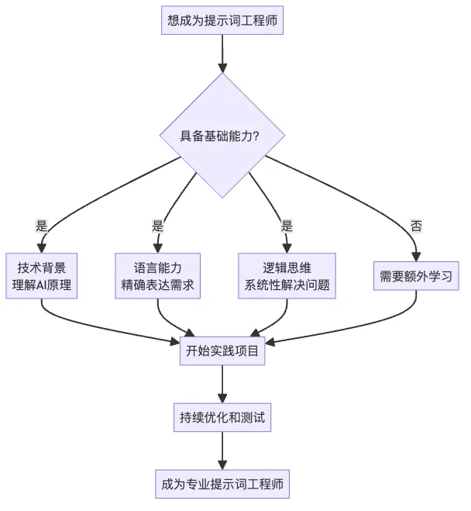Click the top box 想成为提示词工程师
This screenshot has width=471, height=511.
(x=222, y=20)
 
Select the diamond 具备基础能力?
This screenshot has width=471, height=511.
(x=222, y=136)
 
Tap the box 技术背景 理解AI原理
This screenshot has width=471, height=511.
(x=41, y=276)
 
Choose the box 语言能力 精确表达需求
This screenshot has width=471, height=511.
(x=157, y=276)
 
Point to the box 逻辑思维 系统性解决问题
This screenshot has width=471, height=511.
(x=287, y=276)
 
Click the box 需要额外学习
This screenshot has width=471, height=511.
(x=416, y=276)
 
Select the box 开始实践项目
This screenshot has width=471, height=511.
(x=222, y=350)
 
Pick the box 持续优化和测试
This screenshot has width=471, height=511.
(x=222, y=417)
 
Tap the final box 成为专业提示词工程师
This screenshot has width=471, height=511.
(x=222, y=484)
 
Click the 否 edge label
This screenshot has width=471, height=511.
(x=416, y=226)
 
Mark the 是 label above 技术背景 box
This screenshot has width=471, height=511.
(x=41, y=226)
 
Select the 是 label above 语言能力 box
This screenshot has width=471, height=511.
(x=157, y=226)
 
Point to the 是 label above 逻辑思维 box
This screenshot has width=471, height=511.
(x=287, y=226)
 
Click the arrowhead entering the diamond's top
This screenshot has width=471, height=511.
(x=222, y=68)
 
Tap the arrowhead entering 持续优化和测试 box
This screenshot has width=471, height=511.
(x=222, y=399)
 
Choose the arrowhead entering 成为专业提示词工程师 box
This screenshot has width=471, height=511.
(x=222, y=465)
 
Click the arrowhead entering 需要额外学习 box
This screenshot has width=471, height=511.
(x=416, y=257)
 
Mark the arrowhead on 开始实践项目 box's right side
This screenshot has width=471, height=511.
(x=270, y=343)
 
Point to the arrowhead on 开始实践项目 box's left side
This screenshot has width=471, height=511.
(x=175, y=342)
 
